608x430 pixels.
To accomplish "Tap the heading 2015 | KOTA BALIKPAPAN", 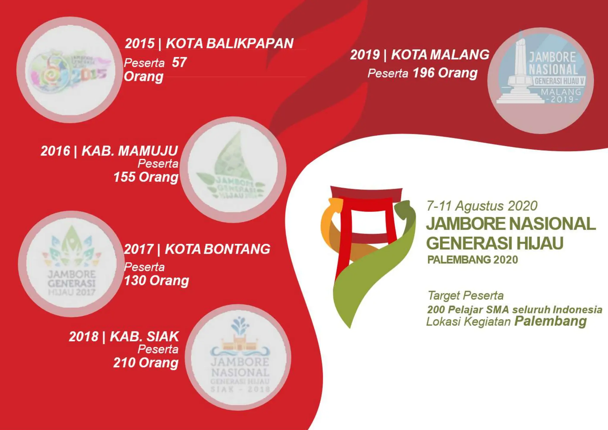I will point(209,44).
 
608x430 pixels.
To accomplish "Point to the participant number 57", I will point(179,62).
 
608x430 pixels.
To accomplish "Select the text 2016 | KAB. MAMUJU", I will point(109,151).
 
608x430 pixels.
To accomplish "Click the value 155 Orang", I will point(146,177).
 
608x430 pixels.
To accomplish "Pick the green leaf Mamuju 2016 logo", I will point(233,170).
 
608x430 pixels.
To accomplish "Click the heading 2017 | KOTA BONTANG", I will point(197,249).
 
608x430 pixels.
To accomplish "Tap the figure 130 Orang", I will point(156,280).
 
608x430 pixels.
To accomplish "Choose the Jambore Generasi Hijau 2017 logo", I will point(71,264).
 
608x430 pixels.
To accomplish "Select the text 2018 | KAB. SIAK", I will point(124,336).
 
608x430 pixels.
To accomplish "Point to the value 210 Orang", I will point(146,363).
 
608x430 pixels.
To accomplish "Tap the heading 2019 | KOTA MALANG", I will point(419,55).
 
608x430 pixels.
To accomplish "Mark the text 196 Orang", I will point(445,73).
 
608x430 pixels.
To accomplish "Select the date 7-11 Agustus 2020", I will point(482,206).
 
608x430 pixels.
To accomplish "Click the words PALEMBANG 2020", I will point(472,260).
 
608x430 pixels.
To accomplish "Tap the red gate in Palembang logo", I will point(367,208).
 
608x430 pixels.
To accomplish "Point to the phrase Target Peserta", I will point(465,295).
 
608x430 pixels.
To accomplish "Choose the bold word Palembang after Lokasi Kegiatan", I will point(550,321).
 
